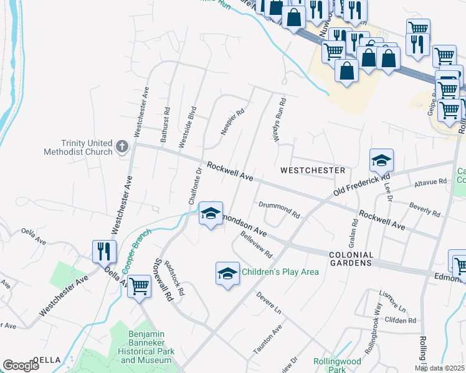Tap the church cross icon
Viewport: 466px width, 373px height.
click(122, 147)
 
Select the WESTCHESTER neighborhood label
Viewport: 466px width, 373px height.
click(313, 170)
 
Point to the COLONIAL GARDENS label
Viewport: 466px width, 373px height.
click(351, 259)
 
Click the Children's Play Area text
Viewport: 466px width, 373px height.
click(280, 272)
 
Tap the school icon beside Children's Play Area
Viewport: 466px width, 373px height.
click(227, 272)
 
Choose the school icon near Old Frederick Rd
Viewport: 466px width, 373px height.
click(381, 160)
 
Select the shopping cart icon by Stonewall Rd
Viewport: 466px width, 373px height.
click(139, 286)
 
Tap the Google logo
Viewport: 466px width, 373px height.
click(21, 366)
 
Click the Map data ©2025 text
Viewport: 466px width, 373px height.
click(439, 368)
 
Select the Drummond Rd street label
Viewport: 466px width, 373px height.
click(279, 209)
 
